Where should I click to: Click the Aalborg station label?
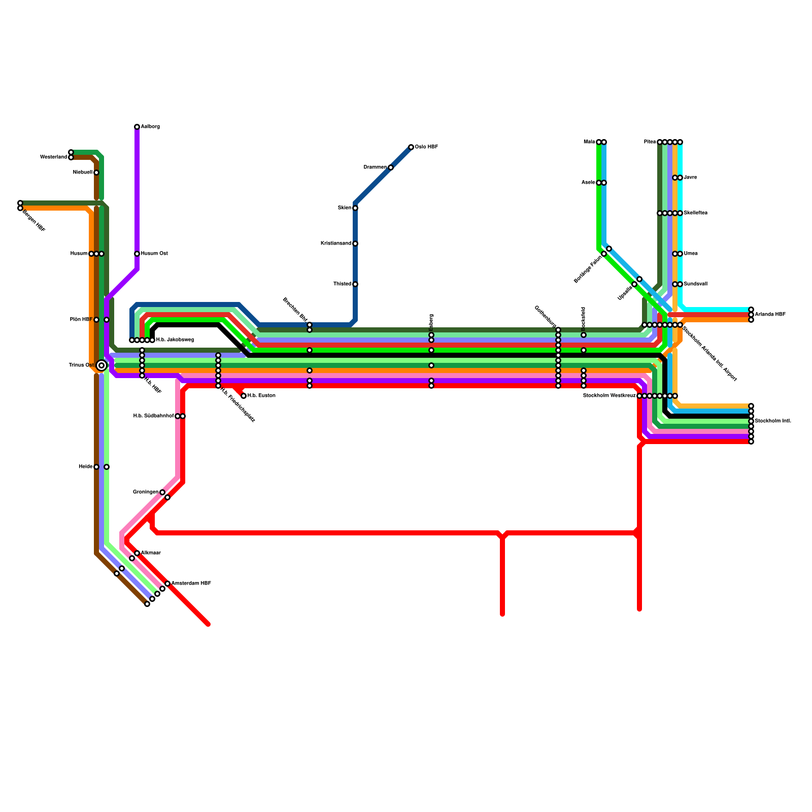coord(150,127)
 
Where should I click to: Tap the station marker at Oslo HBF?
coord(411,147)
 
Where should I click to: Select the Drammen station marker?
coord(391,167)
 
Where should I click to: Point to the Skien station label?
coord(345,208)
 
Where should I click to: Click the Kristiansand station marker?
coord(355,244)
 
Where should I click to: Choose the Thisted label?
coord(342,284)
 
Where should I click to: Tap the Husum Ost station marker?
coord(137,254)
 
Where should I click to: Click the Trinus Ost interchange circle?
coord(101,365)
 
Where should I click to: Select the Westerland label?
coord(53,157)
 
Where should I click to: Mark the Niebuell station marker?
coord(96,173)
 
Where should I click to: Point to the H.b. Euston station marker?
coord(244,396)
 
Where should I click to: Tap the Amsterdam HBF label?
coord(191,584)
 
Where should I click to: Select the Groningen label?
coord(146,492)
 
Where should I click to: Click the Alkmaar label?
coord(151,553)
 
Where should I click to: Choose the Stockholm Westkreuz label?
coord(609,396)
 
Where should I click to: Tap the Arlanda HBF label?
coord(770,315)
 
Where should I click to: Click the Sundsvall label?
coord(695,284)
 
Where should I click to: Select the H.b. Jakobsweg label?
coord(175,340)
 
